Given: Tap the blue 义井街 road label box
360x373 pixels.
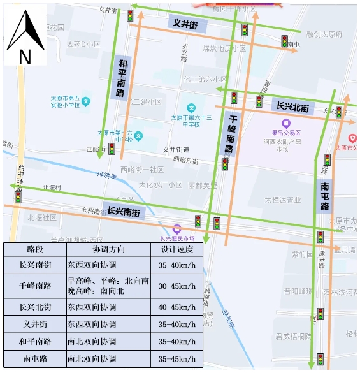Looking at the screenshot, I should pyautogui.click(x=185, y=24).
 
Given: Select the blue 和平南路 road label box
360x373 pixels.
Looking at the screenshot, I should pyautogui.click(x=121, y=78).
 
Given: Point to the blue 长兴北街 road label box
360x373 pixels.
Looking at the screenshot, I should pyautogui.click(x=292, y=106).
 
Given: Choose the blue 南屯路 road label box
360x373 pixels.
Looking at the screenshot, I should pyautogui.click(x=324, y=195).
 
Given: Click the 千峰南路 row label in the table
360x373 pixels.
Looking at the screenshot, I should pyautogui.click(x=35, y=286).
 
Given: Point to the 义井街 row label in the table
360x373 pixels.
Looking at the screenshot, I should pyautogui.click(x=35, y=325).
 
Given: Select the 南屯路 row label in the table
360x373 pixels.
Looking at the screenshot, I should pyautogui.click(x=35, y=359).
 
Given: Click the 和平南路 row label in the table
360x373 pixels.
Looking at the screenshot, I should pyautogui.click(x=35, y=342).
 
